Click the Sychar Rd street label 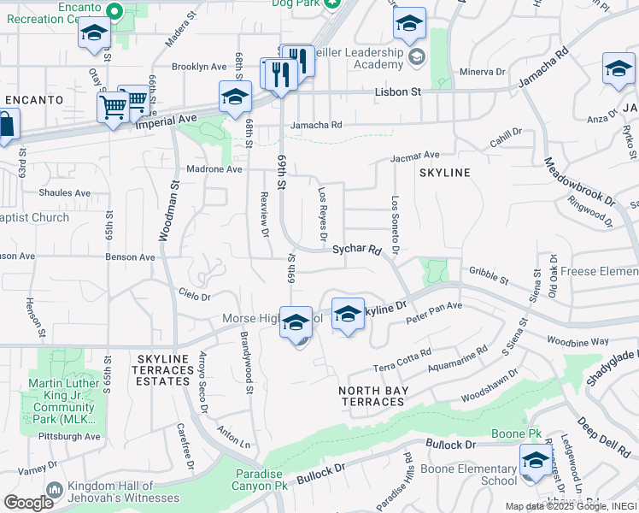tap(356, 251)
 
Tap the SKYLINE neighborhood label tap(444, 173)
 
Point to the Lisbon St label tap(398, 91)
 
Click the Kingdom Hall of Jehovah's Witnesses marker tap(56, 491)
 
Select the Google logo tap(28, 503)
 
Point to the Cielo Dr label tap(194, 296)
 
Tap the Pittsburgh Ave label tap(71, 436)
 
